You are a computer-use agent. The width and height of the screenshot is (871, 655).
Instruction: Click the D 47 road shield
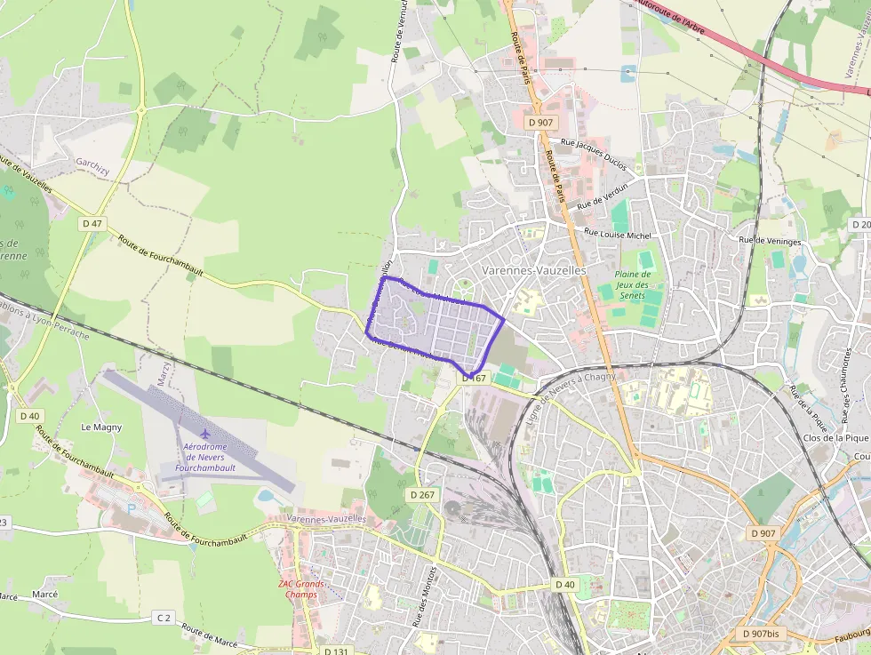[92, 223]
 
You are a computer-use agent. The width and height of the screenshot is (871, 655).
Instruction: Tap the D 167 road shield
[474, 379]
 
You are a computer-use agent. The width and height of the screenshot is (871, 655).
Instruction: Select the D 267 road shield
[423, 494]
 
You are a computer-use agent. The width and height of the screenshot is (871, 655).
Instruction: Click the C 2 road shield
[163, 617]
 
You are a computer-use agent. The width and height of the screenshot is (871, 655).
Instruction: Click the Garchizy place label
[92, 164]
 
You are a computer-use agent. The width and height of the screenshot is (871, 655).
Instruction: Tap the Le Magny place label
[101, 427]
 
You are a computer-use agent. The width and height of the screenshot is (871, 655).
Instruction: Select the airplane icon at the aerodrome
[206, 433]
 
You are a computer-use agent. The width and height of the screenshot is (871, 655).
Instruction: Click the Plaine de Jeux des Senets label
[633, 284]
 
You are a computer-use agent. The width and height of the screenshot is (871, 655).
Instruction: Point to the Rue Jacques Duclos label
[594, 153]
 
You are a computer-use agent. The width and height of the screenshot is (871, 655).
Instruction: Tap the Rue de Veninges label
[770, 241]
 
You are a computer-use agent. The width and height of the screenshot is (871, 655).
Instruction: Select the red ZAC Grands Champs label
[302, 589]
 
